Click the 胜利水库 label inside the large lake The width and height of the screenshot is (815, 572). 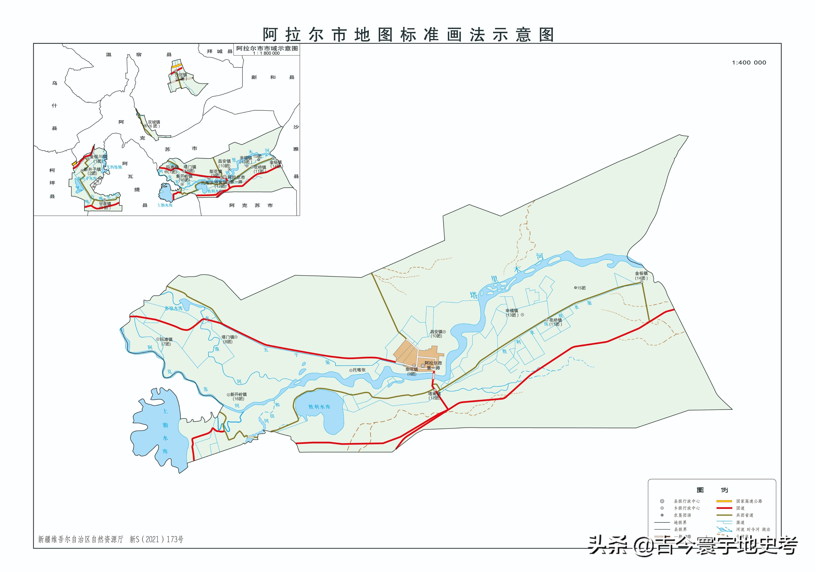[x=319, y=407]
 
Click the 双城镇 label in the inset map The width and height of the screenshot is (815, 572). [x=154, y=122]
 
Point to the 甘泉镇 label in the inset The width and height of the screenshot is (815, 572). [x=105, y=204]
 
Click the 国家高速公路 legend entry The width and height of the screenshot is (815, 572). [x=749, y=501]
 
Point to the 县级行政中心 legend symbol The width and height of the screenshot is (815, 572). [x=662, y=501]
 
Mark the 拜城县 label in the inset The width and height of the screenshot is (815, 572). [x=220, y=51]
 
